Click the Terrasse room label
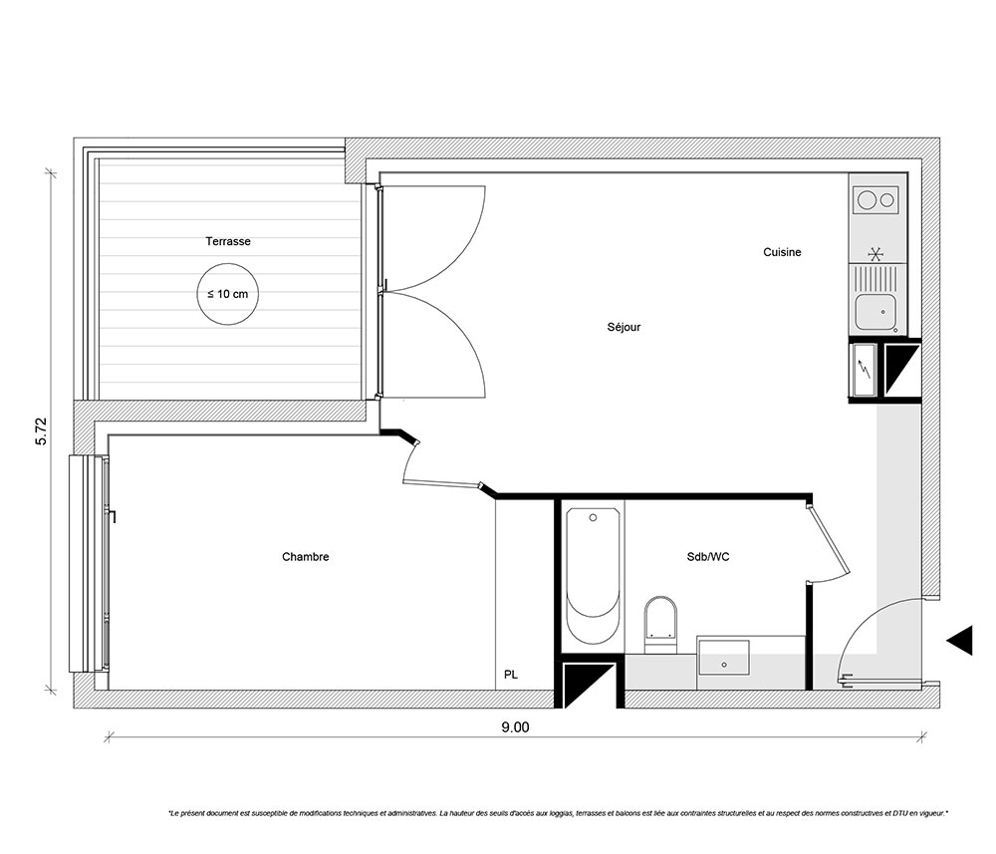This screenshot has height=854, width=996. tap(228, 241)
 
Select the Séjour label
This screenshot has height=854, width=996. tap(623, 327)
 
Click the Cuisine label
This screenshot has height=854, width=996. tap(782, 252)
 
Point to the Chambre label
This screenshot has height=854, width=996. tap(306, 557)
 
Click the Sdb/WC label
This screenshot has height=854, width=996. tap(708, 557)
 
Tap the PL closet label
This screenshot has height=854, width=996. tap(511, 675)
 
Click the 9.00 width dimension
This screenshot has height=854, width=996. tap(515, 726)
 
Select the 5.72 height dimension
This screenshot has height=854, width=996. tap(41, 431)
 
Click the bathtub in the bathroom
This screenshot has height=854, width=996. tap(593, 576)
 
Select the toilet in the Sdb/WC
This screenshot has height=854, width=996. tap(660, 624)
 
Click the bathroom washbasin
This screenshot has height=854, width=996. tap(723, 658)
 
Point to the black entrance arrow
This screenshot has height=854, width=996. tap(960, 640)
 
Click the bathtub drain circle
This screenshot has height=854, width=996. tap(594, 518)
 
